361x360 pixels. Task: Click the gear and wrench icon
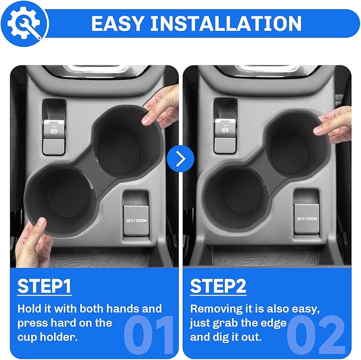(24, 23)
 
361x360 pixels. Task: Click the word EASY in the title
(118, 23)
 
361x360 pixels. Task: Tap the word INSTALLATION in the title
(226, 23)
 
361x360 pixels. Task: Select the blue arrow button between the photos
(180, 158)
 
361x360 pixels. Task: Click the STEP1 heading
(45, 286)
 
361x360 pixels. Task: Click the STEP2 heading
(218, 286)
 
